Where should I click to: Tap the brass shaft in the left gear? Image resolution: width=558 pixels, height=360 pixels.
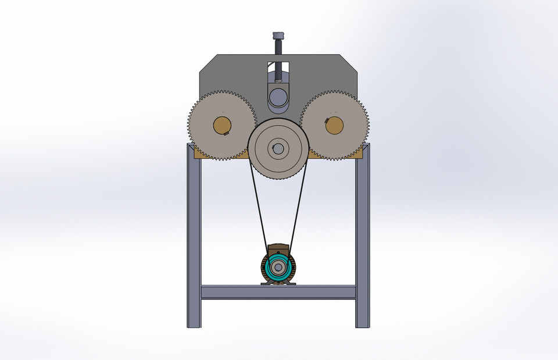[221, 125]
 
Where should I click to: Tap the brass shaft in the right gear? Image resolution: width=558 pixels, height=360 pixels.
[334, 125]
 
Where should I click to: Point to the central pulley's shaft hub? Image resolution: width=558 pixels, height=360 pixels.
[278, 149]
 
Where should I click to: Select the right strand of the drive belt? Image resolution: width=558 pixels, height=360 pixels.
[297, 209]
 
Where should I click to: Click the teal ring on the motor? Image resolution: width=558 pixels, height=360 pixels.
[269, 268]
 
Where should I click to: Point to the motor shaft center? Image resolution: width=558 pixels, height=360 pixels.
[278, 268]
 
